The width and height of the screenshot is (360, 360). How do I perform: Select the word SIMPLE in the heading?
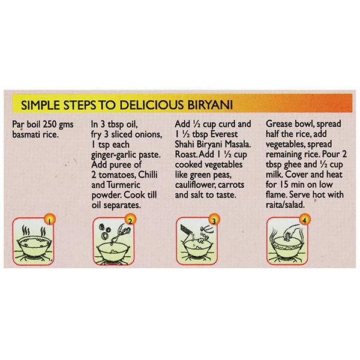41,105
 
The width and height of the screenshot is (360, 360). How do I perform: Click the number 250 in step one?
50,124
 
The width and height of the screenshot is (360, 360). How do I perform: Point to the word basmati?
26,134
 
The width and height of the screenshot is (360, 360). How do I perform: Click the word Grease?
279,124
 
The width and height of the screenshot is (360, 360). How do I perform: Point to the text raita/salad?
285,205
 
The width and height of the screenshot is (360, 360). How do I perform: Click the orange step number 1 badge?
50,220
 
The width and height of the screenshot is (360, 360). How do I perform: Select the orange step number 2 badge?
130,220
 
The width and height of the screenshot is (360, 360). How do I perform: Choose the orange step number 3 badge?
214,220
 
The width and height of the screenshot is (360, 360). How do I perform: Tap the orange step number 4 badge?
304,220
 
